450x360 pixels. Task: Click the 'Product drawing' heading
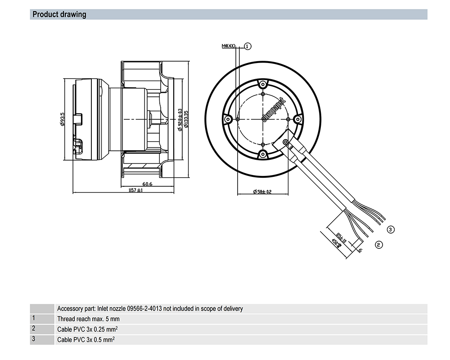coord(59,14)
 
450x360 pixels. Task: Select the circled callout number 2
coord(378,244)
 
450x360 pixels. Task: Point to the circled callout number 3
coord(391,229)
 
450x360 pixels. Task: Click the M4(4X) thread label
coord(229,46)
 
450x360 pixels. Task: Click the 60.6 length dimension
coord(147,184)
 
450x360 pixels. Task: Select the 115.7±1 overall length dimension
coord(135,191)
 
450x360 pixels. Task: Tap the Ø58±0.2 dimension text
coord(262,192)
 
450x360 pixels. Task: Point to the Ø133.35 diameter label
coord(186,119)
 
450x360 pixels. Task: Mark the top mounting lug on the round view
coord(262,84)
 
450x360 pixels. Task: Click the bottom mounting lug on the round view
coord(262,154)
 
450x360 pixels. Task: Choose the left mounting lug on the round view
coord(228,119)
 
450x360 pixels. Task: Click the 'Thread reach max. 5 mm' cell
coord(88,319)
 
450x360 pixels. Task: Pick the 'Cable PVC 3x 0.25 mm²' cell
coord(87,329)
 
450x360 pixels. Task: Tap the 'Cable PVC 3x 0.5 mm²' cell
coord(85,339)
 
